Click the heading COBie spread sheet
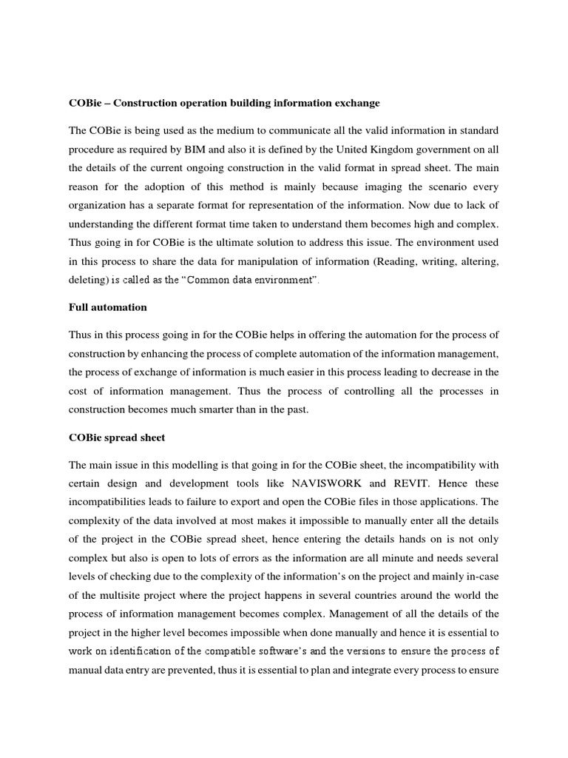[117, 437]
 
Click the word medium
[229, 131]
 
